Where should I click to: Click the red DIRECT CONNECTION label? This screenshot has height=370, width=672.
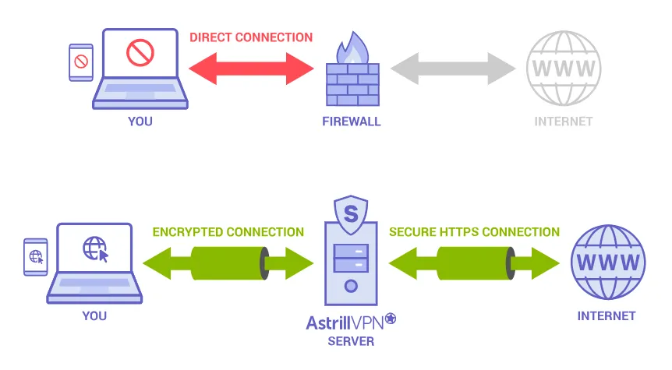point(251,37)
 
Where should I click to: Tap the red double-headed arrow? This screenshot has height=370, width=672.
point(251,69)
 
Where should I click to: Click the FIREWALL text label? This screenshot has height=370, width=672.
point(352,122)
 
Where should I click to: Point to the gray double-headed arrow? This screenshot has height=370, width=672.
point(453,69)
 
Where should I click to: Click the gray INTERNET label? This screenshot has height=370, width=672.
point(564,122)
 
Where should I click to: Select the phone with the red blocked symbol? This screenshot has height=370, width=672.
point(80,62)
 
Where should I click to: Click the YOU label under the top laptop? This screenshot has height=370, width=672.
point(140,122)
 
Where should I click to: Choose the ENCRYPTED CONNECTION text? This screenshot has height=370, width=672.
point(228,232)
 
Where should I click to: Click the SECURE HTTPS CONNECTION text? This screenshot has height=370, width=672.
point(474,232)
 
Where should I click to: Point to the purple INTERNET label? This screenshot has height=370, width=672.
point(607,316)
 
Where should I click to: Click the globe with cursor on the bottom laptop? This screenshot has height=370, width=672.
point(95,250)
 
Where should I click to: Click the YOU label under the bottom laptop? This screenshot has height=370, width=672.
point(94,316)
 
